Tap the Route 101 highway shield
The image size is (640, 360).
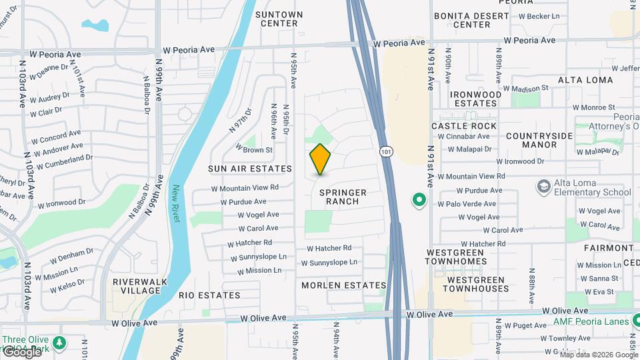[x=385, y=152]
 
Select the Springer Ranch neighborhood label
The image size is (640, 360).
[x=343, y=197]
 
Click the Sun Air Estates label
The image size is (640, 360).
[x=249, y=169]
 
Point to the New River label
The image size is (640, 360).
[x=177, y=203]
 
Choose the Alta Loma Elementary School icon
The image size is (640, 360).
[x=543, y=185]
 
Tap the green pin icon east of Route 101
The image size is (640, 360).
[x=419, y=199]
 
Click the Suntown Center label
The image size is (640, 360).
[x=279, y=19]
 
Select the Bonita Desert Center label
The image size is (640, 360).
[x=471, y=20]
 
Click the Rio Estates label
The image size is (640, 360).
[x=209, y=295]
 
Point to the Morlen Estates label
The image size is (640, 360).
[x=343, y=285]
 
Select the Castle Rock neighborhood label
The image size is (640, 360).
[x=464, y=126]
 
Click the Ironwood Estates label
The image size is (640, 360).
[x=475, y=99]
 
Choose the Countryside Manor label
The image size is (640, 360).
[x=539, y=140]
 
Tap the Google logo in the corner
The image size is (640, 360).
[x=21, y=351]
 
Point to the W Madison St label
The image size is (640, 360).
[x=525, y=88]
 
